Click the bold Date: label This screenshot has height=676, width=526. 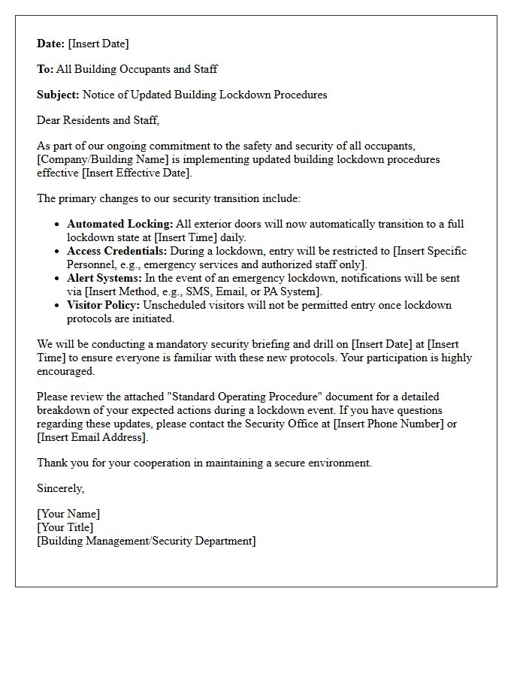(51, 44)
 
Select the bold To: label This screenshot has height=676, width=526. (45, 69)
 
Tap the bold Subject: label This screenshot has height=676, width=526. (58, 95)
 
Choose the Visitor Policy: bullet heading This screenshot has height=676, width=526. (103, 305)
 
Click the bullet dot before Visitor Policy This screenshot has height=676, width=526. (58, 306)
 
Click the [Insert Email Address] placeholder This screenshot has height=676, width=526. (92, 437)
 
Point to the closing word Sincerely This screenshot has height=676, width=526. (60, 488)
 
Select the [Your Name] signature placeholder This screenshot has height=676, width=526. (68, 514)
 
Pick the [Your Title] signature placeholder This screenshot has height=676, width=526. (65, 527)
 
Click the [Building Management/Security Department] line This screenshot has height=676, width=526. (146, 541)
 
